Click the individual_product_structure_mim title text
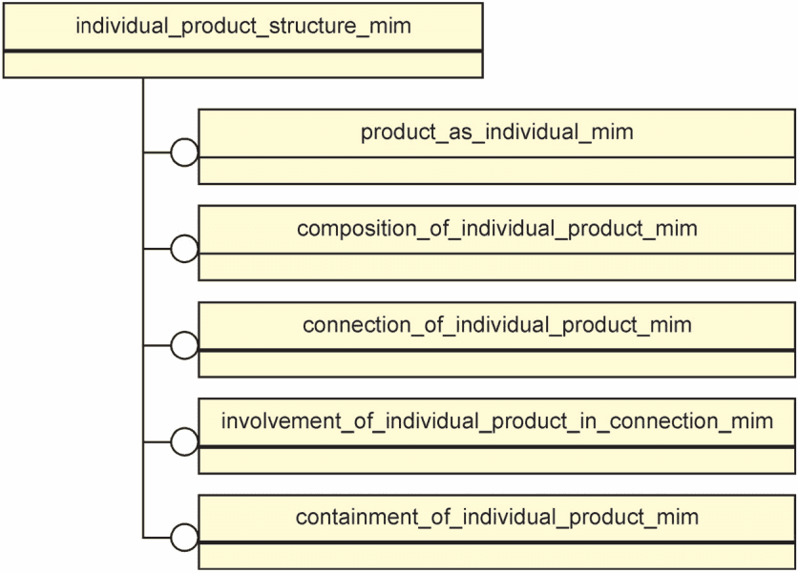coord(243,26)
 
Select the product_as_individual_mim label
coord(497,133)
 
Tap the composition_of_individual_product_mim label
coord(497,229)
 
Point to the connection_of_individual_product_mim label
coord(497,325)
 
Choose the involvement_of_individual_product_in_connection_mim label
coord(497,421)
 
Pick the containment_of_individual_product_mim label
coord(497,517)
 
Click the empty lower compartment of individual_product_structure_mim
coord(243,65)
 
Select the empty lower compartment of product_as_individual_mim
coord(497,171)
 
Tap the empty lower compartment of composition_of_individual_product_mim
coord(497,267)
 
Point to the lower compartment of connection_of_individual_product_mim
coord(497,364)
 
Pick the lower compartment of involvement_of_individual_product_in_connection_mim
coord(497,460)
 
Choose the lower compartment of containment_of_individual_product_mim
coord(497,556)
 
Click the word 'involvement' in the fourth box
coord(282,421)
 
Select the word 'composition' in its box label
coord(357,230)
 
